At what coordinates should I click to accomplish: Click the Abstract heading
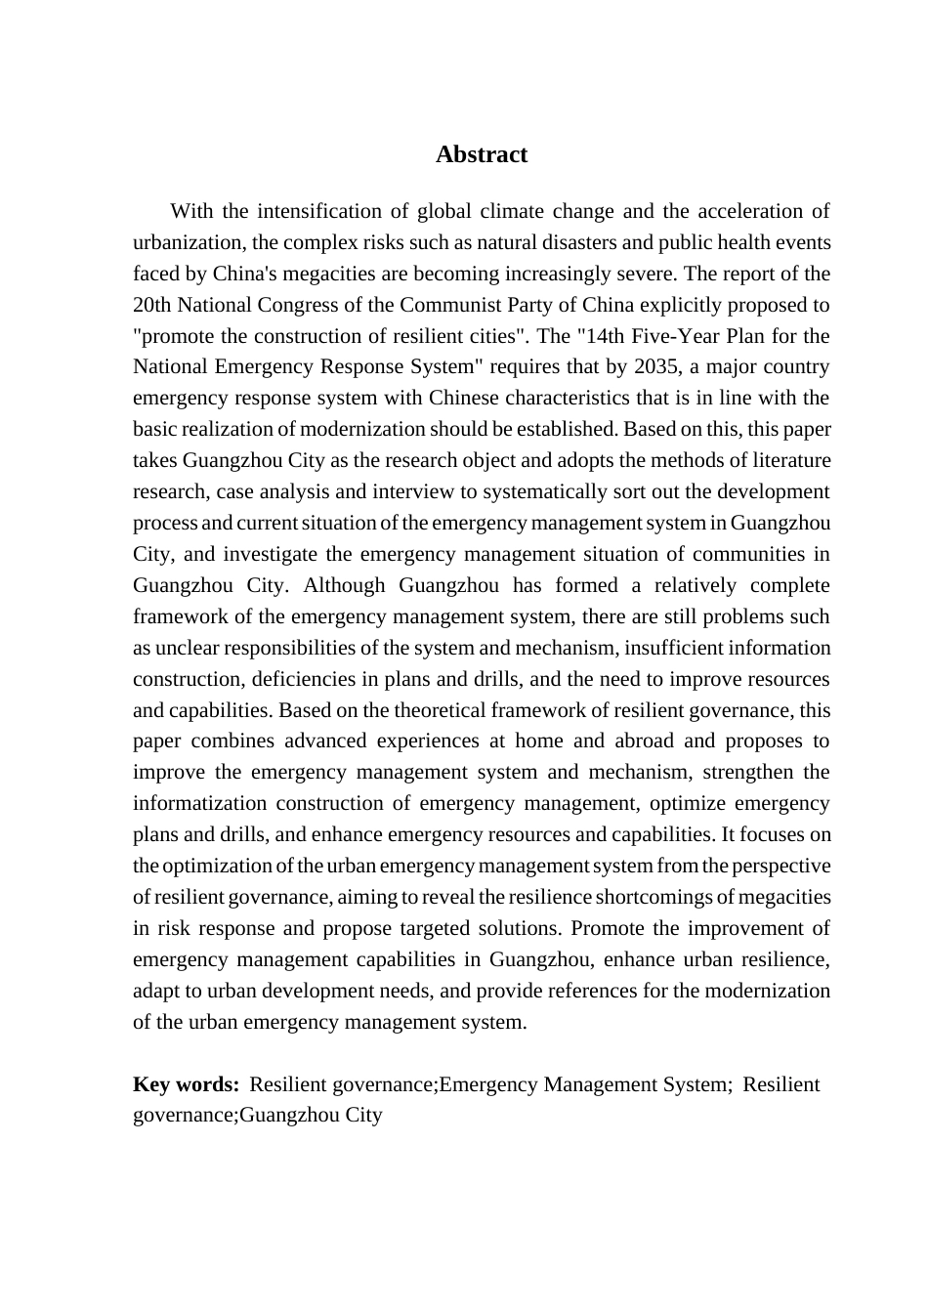481,154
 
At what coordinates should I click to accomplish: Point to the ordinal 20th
151,304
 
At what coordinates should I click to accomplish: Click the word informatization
199,803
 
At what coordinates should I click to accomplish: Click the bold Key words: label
186,1084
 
